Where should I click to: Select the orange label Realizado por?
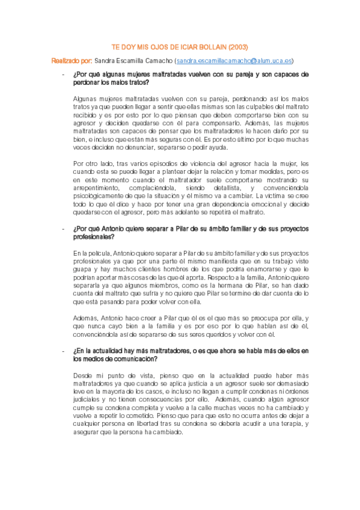coord(72,61)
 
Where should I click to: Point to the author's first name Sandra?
coord(105,61)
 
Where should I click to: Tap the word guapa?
coord(82,270)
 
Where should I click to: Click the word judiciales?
coord(87,398)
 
